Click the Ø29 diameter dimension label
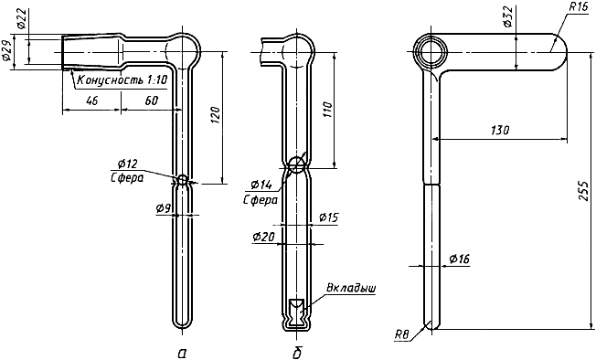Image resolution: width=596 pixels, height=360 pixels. point(6,52)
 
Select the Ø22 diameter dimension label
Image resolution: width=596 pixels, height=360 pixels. point(22,19)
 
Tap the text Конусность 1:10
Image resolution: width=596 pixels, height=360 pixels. point(122,80)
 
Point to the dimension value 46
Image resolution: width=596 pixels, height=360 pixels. point(92,101)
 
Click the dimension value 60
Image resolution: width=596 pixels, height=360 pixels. point(151,101)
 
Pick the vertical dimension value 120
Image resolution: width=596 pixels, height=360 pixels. point(215,115)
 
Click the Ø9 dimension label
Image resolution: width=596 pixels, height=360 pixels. point(164,207)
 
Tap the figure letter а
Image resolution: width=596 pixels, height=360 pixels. point(182,354)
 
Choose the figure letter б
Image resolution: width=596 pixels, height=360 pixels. point(297,354)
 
